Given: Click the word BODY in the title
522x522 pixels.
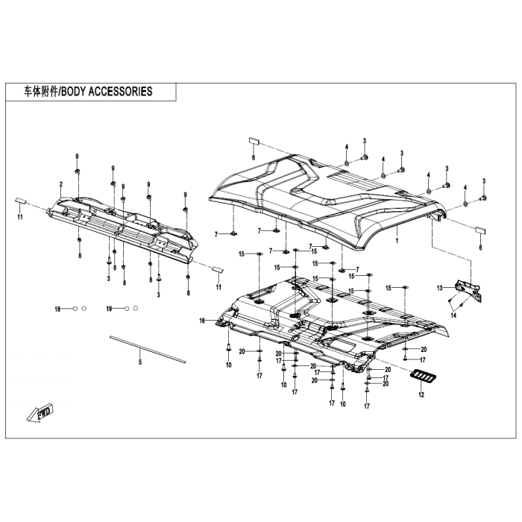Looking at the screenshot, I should click(77, 92).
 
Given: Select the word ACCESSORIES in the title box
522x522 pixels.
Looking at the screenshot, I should click(123, 92).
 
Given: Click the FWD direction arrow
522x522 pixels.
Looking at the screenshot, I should click(38, 411).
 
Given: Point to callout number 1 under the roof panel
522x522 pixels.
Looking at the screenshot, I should click(397, 242).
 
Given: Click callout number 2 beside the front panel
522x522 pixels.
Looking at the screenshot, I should click(60, 184).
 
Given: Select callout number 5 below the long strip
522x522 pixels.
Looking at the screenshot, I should click(139, 362).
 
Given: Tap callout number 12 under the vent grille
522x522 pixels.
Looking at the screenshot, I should click(421, 394).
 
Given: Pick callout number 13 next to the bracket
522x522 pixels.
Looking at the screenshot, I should click(440, 288).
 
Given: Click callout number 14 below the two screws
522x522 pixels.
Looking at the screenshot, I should click(453, 316).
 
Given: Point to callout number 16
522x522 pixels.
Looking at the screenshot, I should click(201, 321).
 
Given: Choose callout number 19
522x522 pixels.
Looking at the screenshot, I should click(109, 309).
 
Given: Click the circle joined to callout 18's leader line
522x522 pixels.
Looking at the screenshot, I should click(75, 309).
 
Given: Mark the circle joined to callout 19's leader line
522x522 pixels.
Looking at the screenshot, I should click(127, 309).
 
